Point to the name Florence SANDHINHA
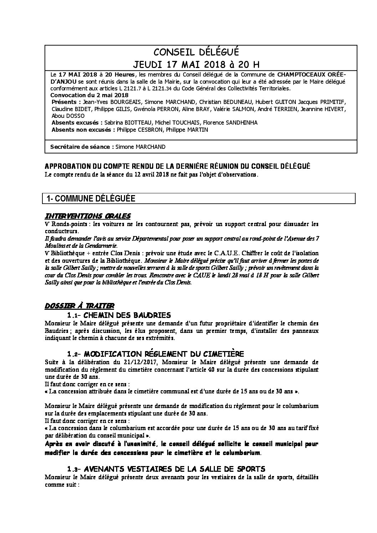click(x=230, y=122)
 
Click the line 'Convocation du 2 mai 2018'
click(x=89, y=95)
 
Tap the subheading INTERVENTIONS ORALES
click(x=88, y=216)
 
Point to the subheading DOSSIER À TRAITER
click(x=80, y=305)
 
